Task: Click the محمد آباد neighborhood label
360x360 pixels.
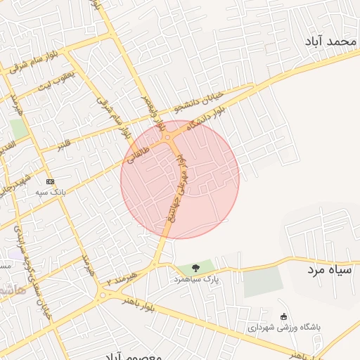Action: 330,42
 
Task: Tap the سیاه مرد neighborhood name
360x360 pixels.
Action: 332,269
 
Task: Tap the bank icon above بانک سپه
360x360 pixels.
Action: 49,181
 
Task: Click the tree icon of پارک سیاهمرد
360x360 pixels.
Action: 195,267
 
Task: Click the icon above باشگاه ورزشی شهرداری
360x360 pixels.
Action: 283,316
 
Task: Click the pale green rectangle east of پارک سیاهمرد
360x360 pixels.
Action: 263,281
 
